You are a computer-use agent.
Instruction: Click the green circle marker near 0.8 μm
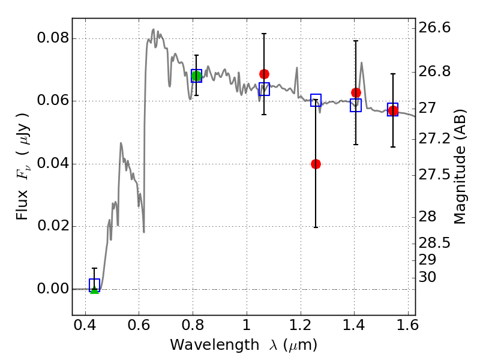196,76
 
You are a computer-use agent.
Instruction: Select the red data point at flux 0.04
316,164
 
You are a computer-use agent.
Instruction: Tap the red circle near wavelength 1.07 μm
264,74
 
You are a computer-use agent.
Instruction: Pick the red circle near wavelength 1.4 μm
356,92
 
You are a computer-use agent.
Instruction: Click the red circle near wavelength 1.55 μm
393,111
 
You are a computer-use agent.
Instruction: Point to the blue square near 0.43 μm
94,285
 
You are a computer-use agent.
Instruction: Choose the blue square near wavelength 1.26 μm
316,100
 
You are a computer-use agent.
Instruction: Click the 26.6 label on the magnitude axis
435,28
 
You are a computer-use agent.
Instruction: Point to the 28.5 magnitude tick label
435,244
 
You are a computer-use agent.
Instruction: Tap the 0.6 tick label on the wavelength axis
139,328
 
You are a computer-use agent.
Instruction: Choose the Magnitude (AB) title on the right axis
460,166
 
